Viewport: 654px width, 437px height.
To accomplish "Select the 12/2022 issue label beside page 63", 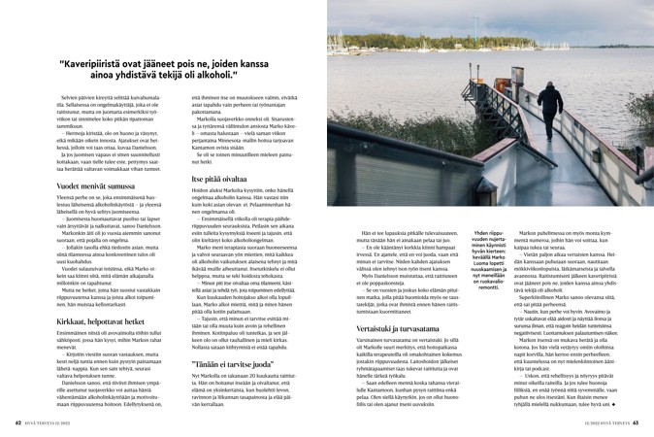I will pyautogui.click(x=572, y=423).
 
